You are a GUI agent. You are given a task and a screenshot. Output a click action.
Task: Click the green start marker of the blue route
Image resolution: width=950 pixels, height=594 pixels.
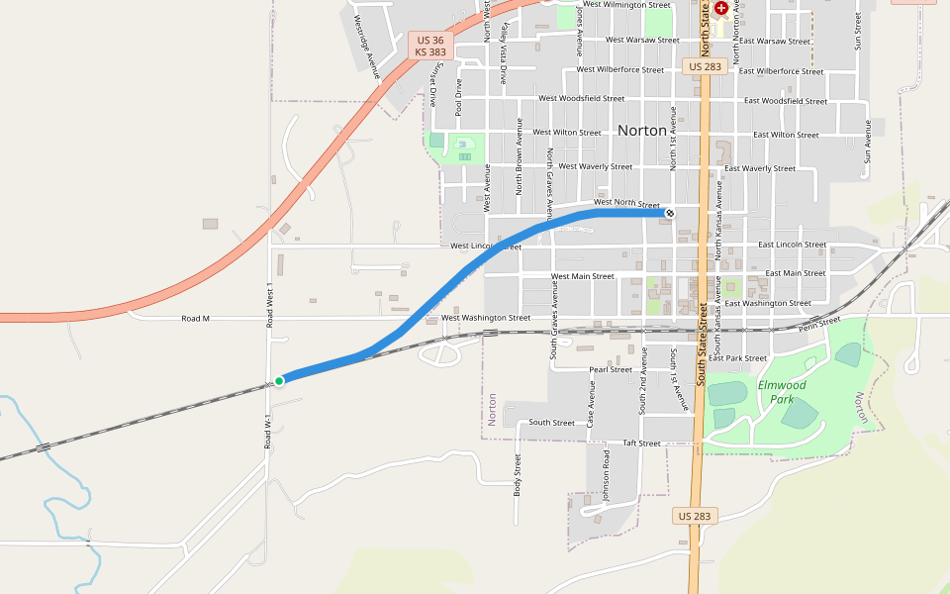279,380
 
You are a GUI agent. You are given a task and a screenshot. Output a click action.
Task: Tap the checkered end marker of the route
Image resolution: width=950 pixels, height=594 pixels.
670,212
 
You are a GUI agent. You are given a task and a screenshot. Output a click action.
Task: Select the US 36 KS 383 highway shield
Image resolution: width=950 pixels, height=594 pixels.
430,46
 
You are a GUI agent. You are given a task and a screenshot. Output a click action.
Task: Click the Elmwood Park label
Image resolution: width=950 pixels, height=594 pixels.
782,392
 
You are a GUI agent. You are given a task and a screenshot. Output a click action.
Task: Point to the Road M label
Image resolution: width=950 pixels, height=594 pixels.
196,319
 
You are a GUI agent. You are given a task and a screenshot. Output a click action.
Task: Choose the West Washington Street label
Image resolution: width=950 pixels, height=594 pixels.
486,318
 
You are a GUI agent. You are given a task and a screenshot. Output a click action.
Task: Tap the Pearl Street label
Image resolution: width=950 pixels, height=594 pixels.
611,369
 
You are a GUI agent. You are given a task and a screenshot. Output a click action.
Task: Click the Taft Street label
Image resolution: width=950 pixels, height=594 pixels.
641,443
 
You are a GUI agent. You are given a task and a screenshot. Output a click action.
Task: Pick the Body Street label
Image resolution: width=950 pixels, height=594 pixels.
517,474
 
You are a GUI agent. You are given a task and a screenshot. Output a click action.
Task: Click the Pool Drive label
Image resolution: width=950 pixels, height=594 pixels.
458,97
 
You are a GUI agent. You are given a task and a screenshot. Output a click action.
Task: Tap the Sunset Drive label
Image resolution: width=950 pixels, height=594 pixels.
433,84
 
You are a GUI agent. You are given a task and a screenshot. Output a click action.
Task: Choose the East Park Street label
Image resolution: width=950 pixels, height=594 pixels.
738,357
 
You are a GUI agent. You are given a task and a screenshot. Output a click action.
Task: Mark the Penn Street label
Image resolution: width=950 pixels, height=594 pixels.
819,323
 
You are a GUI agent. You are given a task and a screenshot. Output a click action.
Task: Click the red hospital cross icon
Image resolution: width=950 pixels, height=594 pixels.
721,8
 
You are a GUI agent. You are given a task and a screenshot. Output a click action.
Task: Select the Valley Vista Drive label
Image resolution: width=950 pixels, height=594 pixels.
503,54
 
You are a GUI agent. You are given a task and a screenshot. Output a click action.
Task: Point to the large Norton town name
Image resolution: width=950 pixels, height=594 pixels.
641,131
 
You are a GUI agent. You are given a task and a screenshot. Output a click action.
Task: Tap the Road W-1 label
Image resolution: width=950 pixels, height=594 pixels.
267,432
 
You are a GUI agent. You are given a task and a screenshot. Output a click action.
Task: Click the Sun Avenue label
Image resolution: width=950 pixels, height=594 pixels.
868,141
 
